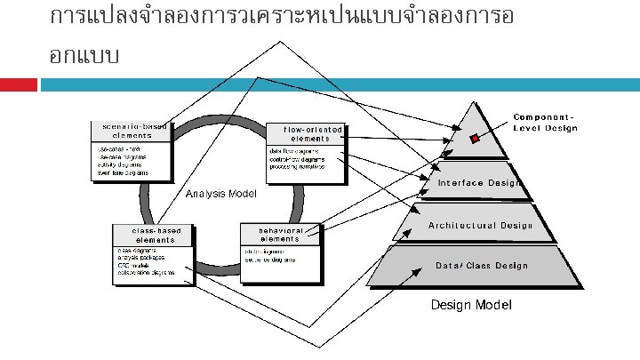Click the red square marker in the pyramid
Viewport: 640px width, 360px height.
(x=475, y=138)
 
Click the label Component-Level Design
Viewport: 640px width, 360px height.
(x=545, y=123)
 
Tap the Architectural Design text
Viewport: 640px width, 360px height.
(x=481, y=225)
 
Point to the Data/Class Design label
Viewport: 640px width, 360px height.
(x=481, y=265)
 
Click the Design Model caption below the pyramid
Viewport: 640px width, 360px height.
(x=471, y=305)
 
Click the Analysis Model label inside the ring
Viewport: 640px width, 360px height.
(x=220, y=193)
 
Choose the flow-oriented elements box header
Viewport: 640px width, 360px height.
(x=307, y=133)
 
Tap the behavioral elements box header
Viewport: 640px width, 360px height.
(x=280, y=235)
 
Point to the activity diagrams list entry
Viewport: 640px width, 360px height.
(x=120, y=164)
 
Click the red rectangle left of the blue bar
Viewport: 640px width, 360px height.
(x=18, y=84)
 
